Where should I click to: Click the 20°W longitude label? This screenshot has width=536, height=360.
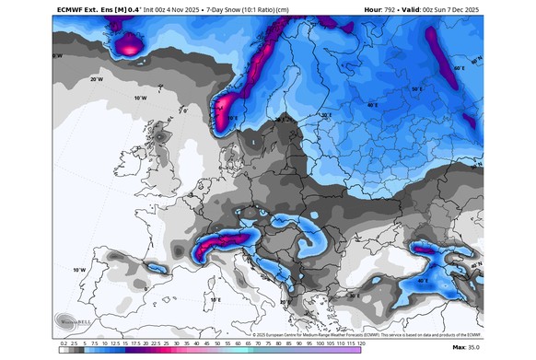pos(96,80)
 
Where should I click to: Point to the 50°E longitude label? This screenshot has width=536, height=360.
pos(416,89)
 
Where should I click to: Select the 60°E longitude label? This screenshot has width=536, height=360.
pos(459,68)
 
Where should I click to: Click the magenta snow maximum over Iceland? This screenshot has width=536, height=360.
pos(129,41)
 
